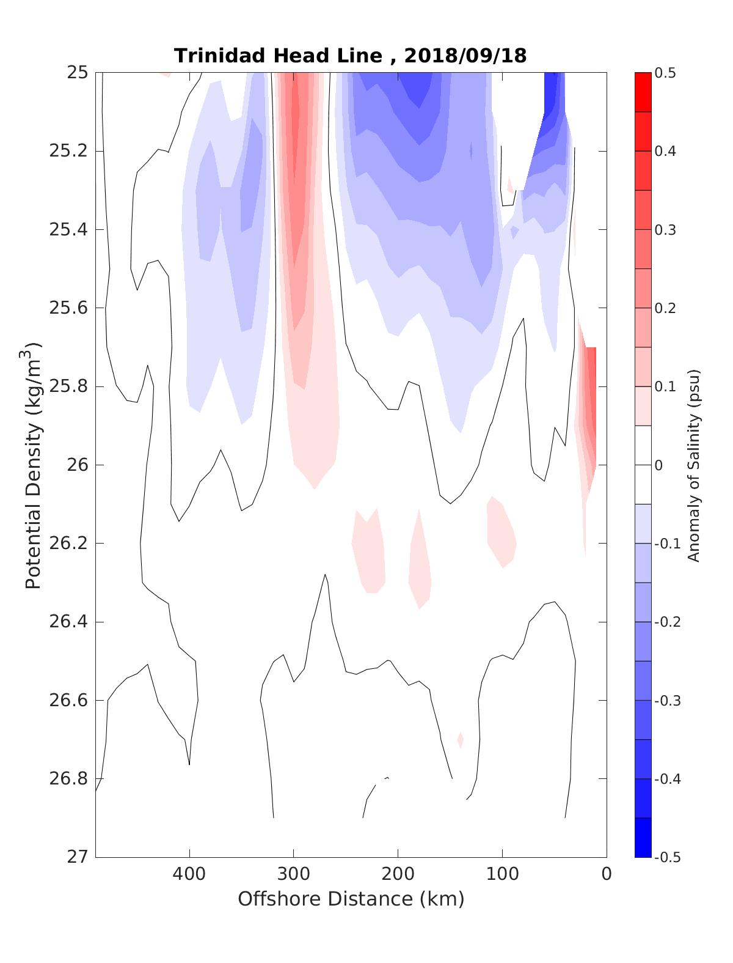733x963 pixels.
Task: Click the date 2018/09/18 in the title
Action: pos(465,56)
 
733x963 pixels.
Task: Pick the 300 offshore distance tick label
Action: pos(293,874)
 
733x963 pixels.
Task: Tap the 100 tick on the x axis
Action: pos(502,874)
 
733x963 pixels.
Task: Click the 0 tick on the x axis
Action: pos(606,874)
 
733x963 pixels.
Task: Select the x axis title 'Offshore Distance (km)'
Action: pos(351,899)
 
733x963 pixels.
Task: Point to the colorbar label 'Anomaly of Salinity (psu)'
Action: pos(693,465)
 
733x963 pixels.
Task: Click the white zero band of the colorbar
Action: pos(643,465)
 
